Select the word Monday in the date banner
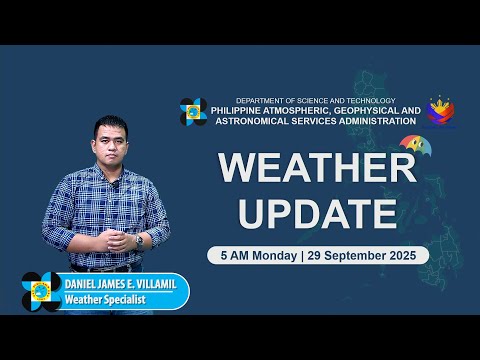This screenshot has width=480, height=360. pos(273,255)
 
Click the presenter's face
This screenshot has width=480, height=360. pos(111,142)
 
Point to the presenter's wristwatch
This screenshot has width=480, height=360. pos(139,240)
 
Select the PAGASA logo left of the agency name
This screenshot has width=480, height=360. pos(194,112)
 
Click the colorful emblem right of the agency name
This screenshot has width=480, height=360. pos(441,111)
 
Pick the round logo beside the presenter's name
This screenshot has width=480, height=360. pos(42,291)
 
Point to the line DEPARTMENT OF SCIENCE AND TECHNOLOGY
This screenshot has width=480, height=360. pos(315,100)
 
